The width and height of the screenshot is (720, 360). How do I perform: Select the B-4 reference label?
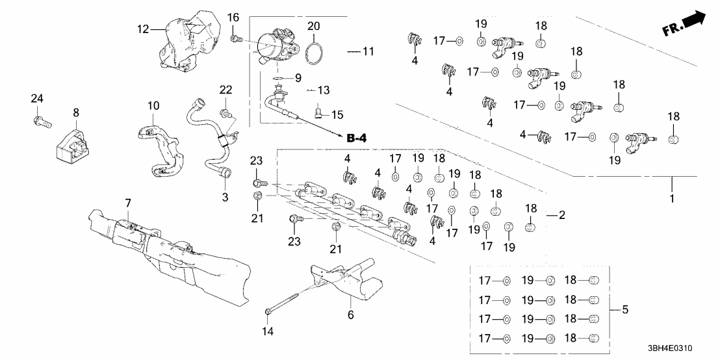click(x=357, y=138)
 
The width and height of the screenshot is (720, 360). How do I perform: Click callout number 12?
click(x=142, y=29)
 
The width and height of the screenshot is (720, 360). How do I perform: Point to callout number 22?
click(x=225, y=88)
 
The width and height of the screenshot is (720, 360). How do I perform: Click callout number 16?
click(x=233, y=16)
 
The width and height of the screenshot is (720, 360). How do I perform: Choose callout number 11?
click(x=368, y=50)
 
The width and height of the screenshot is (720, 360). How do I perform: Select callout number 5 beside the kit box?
click(x=625, y=310)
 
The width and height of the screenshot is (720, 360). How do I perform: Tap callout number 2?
click(x=563, y=214)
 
